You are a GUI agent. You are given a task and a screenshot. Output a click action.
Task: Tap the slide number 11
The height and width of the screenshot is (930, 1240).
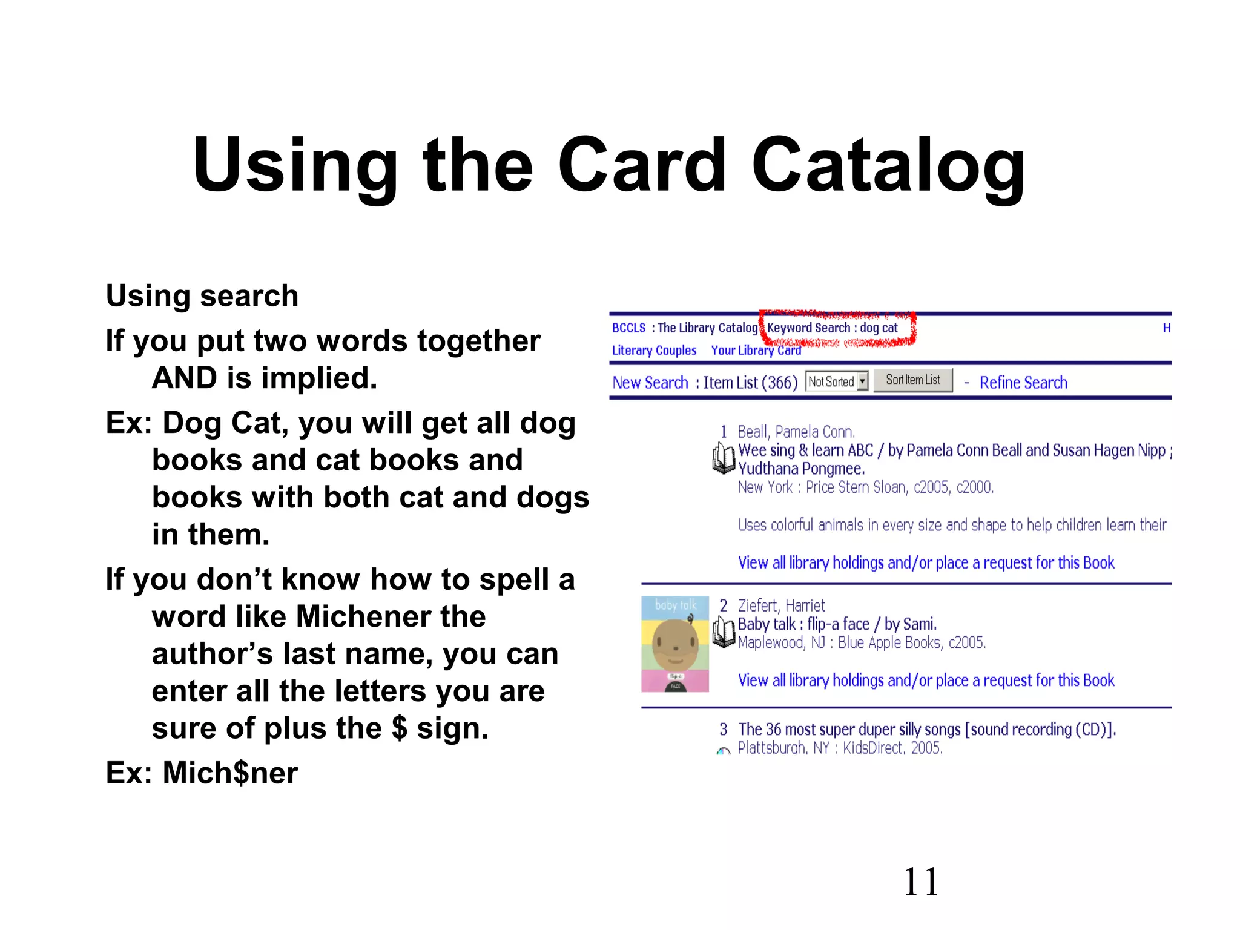pos(920,882)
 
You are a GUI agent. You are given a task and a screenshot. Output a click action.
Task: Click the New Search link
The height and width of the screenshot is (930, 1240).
pos(650,383)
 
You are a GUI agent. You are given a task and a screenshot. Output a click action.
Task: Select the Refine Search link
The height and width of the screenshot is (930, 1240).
pos(1023,383)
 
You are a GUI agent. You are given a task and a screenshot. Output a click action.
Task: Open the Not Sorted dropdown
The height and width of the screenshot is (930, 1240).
pos(837,381)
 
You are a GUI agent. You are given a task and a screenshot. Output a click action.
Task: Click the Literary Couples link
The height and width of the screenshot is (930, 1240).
pos(654,351)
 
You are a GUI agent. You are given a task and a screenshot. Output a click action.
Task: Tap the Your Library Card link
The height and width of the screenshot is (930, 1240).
pos(756,351)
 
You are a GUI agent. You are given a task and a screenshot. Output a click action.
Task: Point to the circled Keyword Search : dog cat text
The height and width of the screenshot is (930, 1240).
pos(833,328)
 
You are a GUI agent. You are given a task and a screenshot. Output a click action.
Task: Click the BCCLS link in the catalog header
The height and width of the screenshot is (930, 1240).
pos(628,328)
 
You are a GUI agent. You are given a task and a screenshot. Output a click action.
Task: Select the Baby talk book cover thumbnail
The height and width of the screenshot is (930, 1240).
pos(675,644)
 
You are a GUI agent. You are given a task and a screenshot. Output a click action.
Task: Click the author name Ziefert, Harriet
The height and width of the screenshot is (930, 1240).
pos(781,605)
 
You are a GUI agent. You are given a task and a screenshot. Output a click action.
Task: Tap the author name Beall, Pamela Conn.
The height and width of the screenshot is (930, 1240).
pos(796,432)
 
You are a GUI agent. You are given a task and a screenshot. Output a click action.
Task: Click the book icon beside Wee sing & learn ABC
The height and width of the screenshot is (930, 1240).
pos(724,458)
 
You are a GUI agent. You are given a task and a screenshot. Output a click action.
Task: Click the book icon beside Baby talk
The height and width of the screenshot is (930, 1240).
pos(724,632)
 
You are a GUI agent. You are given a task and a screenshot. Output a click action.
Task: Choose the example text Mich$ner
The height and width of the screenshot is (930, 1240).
pos(230,773)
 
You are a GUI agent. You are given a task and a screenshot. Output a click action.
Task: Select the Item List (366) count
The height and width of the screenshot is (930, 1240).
pos(750,383)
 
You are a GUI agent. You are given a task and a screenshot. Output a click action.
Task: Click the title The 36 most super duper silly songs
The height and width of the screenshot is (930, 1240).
pos(926,730)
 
